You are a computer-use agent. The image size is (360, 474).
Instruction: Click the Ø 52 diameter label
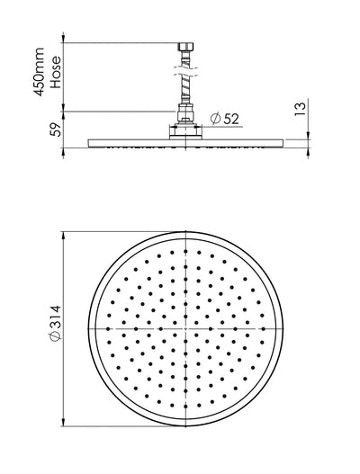click(x=226, y=117)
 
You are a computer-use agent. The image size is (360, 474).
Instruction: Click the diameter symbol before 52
click(x=215, y=117)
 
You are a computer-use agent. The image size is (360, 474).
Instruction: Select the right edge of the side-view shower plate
click(x=284, y=140)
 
